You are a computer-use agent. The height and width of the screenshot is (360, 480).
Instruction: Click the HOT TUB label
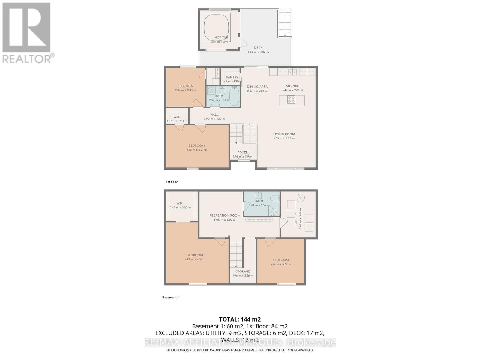click(x=221, y=37)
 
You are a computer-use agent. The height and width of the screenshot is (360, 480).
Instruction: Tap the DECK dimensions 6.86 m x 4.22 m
click(x=258, y=52)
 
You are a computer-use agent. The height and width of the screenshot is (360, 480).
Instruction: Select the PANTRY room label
click(x=232, y=77)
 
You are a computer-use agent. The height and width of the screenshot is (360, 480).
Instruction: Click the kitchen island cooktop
click(x=291, y=99)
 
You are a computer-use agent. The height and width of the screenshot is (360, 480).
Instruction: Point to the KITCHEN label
click(x=292, y=86)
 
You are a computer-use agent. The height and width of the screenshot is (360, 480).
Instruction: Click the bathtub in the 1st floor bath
click(x=234, y=96)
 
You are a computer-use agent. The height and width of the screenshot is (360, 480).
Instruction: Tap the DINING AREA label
click(x=257, y=87)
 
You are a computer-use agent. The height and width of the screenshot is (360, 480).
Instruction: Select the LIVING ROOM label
click(x=284, y=134)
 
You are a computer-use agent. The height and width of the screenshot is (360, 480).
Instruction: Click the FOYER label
click(x=243, y=152)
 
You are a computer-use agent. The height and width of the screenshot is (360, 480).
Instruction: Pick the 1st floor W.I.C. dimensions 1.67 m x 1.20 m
click(x=177, y=121)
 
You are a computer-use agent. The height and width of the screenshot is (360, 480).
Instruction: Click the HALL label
click(x=214, y=114)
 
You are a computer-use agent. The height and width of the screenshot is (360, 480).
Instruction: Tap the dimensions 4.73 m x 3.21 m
click(x=196, y=150)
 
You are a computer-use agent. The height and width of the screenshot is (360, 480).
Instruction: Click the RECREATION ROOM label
click(x=225, y=215)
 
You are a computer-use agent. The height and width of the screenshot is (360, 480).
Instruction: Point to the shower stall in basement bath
click(x=274, y=210)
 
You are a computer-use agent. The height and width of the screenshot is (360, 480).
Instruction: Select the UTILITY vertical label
click(x=296, y=219)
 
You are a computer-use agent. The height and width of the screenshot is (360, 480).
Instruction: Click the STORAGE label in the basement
click(x=243, y=271)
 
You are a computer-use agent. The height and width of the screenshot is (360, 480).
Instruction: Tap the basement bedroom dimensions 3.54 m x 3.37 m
click(x=280, y=264)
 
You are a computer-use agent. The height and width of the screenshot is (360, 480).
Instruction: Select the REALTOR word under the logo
click(x=27, y=59)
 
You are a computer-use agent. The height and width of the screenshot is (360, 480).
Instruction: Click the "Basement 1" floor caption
click(x=170, y=297)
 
